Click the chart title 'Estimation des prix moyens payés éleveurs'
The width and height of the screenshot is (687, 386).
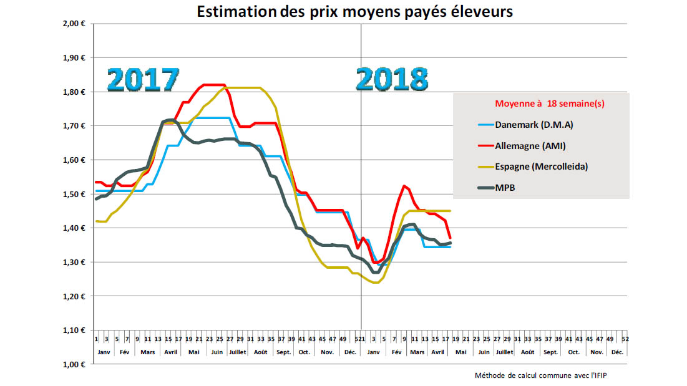(356, 11)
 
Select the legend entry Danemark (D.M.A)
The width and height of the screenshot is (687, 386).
(534, 125)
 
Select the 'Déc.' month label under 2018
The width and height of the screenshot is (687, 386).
(617, 352)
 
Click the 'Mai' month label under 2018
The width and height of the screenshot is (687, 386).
(460, 352)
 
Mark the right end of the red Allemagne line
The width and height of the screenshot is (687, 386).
(451, 238)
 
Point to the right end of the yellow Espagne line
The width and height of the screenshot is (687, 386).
(451, 211)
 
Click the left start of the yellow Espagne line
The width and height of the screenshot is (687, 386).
(96, 221)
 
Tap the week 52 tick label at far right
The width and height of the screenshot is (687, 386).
(625, 339)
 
